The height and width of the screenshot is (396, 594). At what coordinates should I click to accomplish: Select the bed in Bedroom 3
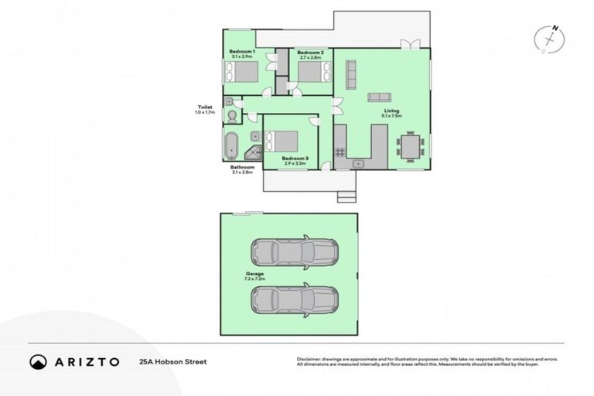282,142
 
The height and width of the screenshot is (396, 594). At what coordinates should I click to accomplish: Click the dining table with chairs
410,145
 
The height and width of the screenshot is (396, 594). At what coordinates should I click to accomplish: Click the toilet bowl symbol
230,115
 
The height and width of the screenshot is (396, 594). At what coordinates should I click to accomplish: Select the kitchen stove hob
340,151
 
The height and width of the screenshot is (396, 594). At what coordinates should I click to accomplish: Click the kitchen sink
357,164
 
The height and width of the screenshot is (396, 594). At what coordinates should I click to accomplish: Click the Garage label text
255,273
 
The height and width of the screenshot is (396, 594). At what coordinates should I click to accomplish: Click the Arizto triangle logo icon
37,361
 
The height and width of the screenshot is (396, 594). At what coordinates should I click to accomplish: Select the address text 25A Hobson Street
172,361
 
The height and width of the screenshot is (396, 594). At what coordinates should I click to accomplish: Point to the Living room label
392,111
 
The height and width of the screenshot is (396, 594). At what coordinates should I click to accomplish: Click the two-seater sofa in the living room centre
379,97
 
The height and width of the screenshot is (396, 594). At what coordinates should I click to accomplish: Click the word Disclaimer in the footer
309,359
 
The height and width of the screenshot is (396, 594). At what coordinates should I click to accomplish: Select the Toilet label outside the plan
204,108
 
